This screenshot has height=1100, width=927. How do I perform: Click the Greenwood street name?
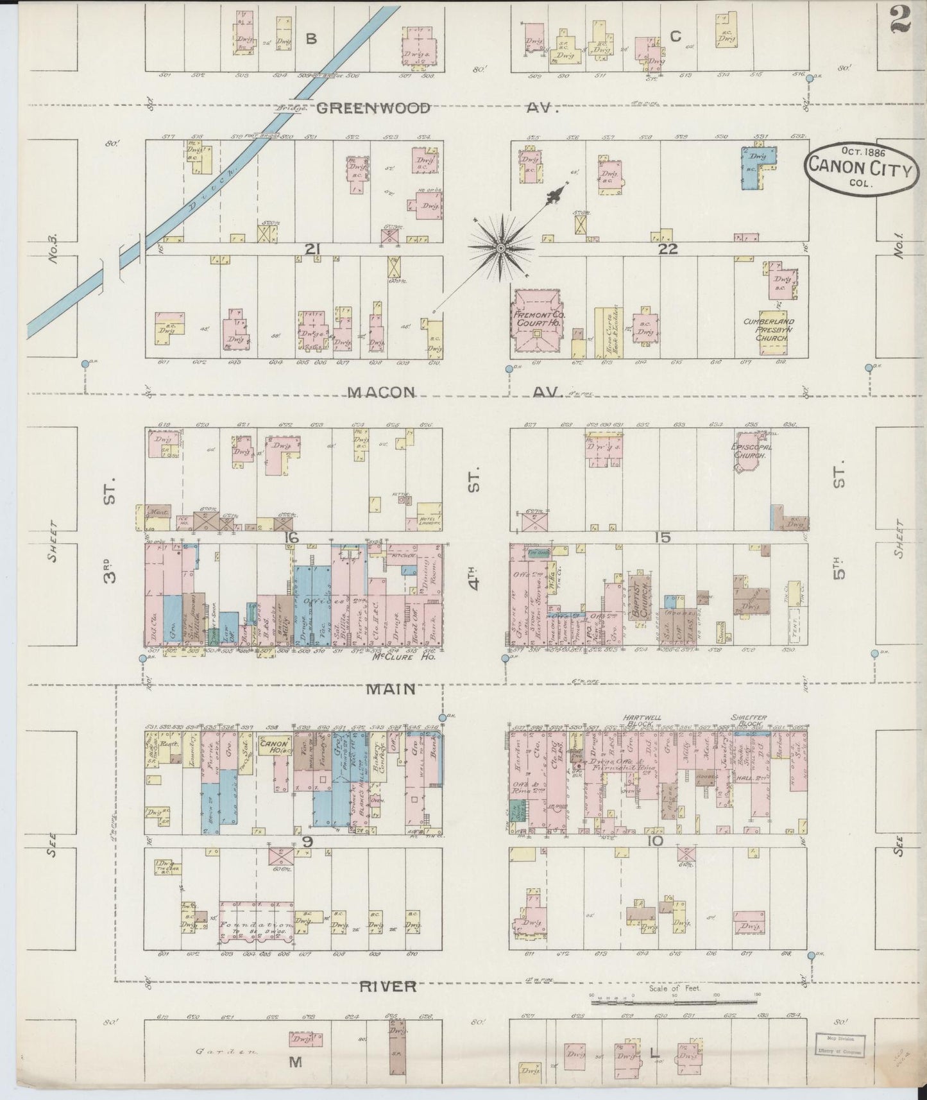373,108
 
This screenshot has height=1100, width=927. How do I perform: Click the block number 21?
312,250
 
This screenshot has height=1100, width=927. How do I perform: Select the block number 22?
668,250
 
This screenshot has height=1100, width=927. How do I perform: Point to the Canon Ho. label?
275,745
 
